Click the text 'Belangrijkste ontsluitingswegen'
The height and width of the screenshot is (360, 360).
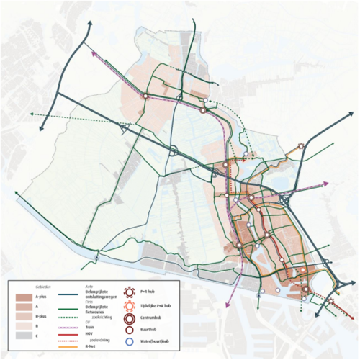[100, 297]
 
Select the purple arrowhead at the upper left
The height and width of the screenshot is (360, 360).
[93, 51]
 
